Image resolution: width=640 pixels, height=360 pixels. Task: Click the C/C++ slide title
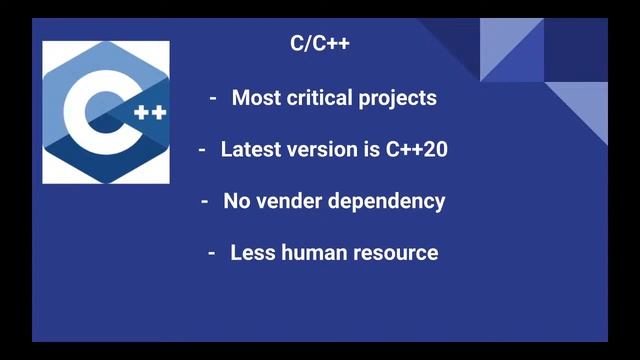point(319,44)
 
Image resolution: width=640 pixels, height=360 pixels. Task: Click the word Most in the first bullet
point(254,98)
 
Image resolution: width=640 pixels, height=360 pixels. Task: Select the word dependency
point(388,202)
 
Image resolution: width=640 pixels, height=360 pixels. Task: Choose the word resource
point(397,253)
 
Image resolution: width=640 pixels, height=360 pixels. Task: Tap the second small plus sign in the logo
point(158,113)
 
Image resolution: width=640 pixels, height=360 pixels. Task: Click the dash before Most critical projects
point(213,99)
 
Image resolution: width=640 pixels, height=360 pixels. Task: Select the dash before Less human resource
point(212,253)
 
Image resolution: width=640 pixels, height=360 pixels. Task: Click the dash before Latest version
point(201,150)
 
